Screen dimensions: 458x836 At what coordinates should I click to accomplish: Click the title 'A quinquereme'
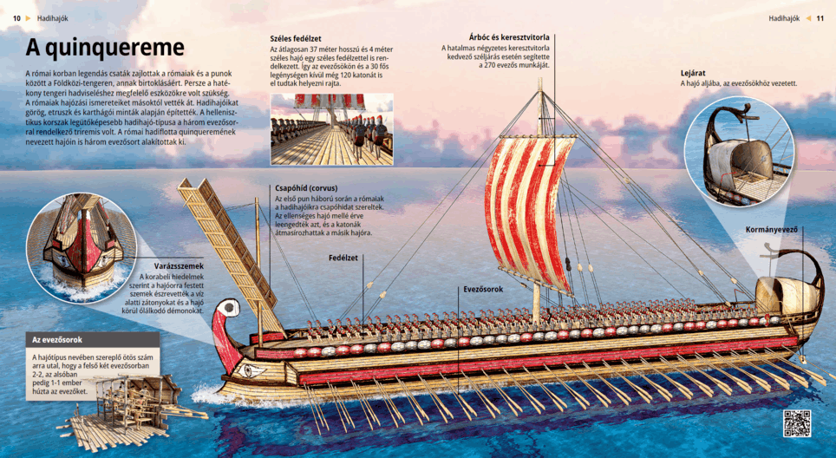(x=105, y=47)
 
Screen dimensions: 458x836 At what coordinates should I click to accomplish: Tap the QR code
(x=796, y=422)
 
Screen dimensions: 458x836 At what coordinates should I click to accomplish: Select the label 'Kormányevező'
(x=772, y=230)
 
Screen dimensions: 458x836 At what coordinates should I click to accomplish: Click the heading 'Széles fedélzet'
(x=296, y=38)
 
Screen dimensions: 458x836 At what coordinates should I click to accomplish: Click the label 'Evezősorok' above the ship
(x=483, y=289)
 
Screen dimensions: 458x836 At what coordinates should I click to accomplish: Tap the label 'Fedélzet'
(x=343, y=258)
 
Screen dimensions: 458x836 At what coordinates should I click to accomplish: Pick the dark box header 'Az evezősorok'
(x=58, y=339)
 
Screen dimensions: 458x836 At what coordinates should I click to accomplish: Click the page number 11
(x=820, y=17)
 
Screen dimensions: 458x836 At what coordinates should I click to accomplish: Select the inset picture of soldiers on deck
(x=331, y=129)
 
